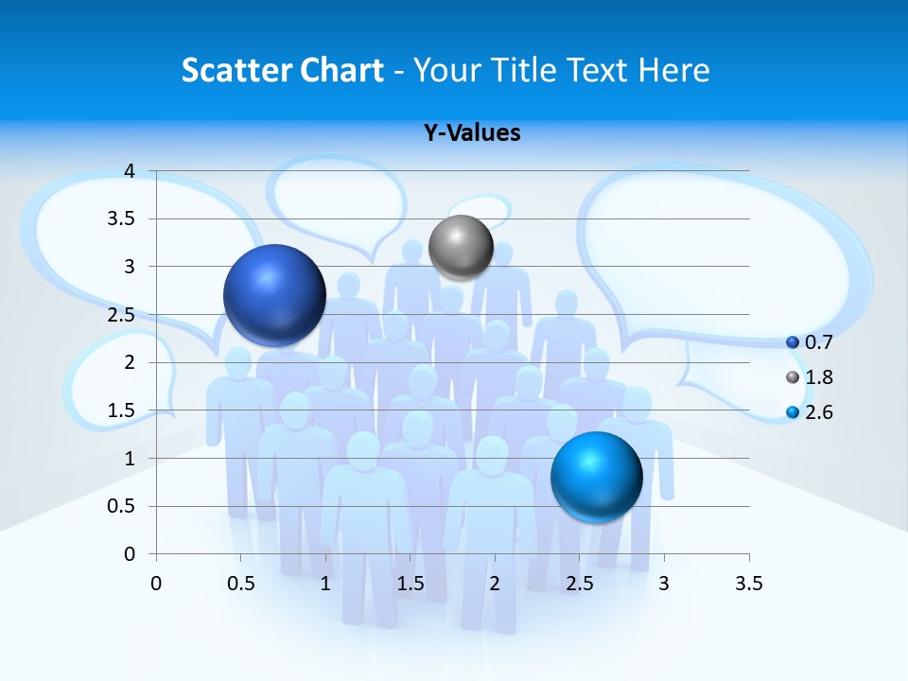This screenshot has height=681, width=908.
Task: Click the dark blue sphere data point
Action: tap(274, 295)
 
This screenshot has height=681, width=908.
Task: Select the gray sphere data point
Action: tap(461, 247)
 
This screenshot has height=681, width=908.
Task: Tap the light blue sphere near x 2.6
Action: tap(596, 477)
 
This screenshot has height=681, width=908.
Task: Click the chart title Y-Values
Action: tap(472, 132)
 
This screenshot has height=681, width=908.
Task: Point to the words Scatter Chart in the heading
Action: tap(282, 70)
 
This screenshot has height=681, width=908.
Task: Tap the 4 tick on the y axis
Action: tap(130, 171)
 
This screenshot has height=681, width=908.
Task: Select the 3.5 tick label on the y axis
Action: tap(123, 218)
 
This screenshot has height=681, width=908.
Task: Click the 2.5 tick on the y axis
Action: tap(123, 315)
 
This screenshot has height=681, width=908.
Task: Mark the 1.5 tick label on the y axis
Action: tap(123, 410)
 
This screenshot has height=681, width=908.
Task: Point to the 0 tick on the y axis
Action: tap(130, 554)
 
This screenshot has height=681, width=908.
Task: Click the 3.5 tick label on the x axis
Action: tap(748, 584)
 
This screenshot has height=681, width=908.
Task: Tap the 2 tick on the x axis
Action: tap(495, 584)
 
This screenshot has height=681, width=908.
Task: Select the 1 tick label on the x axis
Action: tap(325, 584)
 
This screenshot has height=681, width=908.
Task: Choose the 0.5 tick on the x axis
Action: tap(240, 584)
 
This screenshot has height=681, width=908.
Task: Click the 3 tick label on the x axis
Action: tap(664, 584)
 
